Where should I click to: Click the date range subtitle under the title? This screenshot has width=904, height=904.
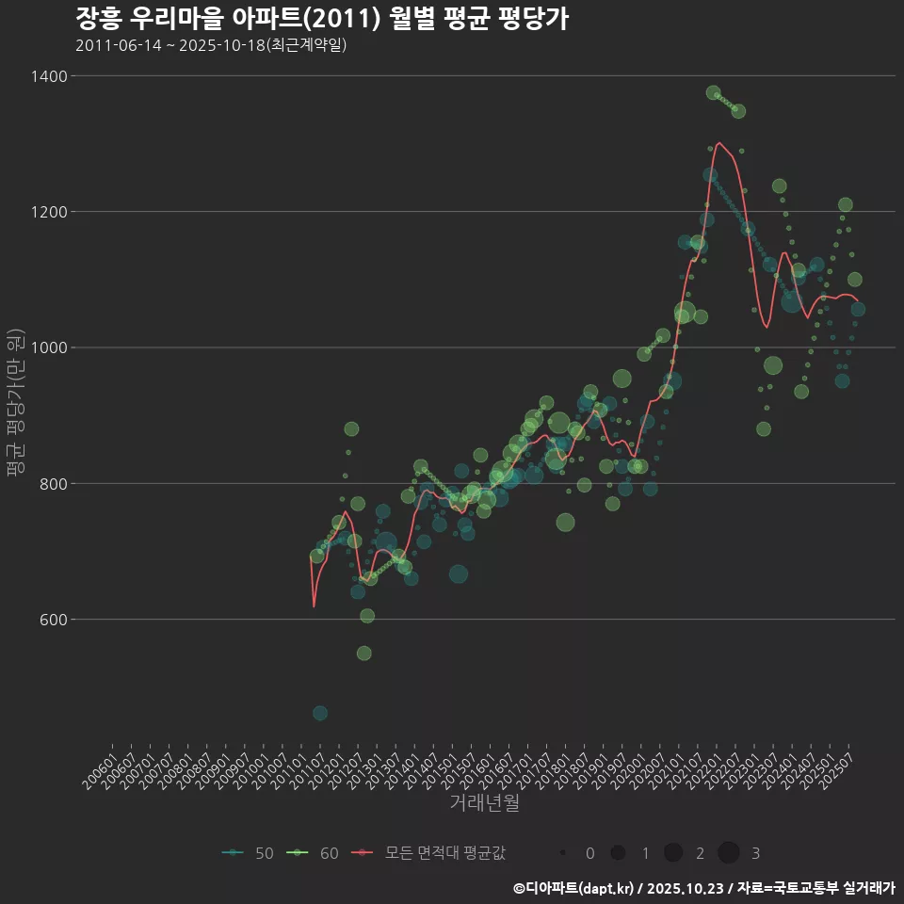pos(211,45)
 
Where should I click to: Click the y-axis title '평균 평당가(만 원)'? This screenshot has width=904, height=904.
pos(14,405)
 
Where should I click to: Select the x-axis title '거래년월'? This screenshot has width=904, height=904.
pos(484,802)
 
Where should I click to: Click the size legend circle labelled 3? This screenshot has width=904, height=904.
pos(728,853)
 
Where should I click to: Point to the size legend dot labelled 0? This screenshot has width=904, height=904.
pos(563,853)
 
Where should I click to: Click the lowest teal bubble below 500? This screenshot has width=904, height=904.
pos(320,713)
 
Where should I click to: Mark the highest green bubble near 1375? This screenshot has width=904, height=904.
pos(713,93)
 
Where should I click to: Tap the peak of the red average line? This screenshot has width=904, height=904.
pos(719,143)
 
